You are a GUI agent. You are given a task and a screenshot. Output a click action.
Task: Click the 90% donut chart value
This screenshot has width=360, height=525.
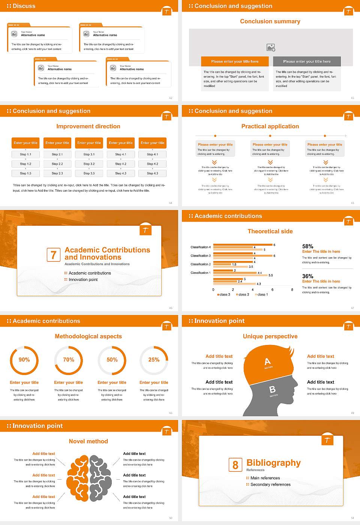pyautogui.click(x=24, y=360)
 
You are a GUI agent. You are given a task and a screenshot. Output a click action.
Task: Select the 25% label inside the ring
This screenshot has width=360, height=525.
pyautogui.click(x=154, y=360)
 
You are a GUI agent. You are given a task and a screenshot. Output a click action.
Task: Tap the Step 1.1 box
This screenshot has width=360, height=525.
pyautogui.click(x=26, y=154)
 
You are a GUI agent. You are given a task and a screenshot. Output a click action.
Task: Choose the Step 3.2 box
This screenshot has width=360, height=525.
pyautogui.click(x=89, y=164)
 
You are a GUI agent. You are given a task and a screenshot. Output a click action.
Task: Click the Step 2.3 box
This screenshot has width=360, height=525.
pyautogui.click(x=57, y=173)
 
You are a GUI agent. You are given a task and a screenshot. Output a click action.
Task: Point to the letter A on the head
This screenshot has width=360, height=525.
pyautogui.click(x=267, y=361)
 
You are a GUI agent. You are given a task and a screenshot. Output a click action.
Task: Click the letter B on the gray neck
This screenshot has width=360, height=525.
pyautogui.click(x=272, y=390)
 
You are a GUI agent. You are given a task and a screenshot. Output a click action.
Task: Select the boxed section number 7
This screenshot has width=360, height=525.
pyautogui.click(x=53, y=255)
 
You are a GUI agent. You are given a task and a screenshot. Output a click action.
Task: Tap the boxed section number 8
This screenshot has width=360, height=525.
pyautogui.click(x=235, y=465)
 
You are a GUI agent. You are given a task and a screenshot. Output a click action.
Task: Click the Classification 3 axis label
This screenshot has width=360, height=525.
pyautogui.click(x=200, y=256)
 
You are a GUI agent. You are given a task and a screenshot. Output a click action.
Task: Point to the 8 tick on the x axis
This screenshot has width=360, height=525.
pyautogui.click(x=292, y=289)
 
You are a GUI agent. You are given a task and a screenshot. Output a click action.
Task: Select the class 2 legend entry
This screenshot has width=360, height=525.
pyautogui.click(x=243, y=295)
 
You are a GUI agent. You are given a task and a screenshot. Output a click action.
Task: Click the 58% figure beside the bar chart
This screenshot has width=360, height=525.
pyautogui.click(x=307, y=246)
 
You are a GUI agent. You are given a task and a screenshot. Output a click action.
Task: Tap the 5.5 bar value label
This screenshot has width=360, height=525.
pyautogui.click(x=270, y=275)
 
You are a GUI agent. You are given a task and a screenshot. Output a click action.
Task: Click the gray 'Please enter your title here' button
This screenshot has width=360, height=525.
pyautogui.click(x=307, y=61)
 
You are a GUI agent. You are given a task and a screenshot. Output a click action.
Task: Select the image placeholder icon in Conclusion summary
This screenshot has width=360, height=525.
pyautogui.click(x=271, y=47)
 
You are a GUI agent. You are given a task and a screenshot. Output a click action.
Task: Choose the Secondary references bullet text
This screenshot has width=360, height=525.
pyautogui.click(x=270, y=484)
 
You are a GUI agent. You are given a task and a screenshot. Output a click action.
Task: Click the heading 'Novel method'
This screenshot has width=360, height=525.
pyautogui.click(x=88, y=441)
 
